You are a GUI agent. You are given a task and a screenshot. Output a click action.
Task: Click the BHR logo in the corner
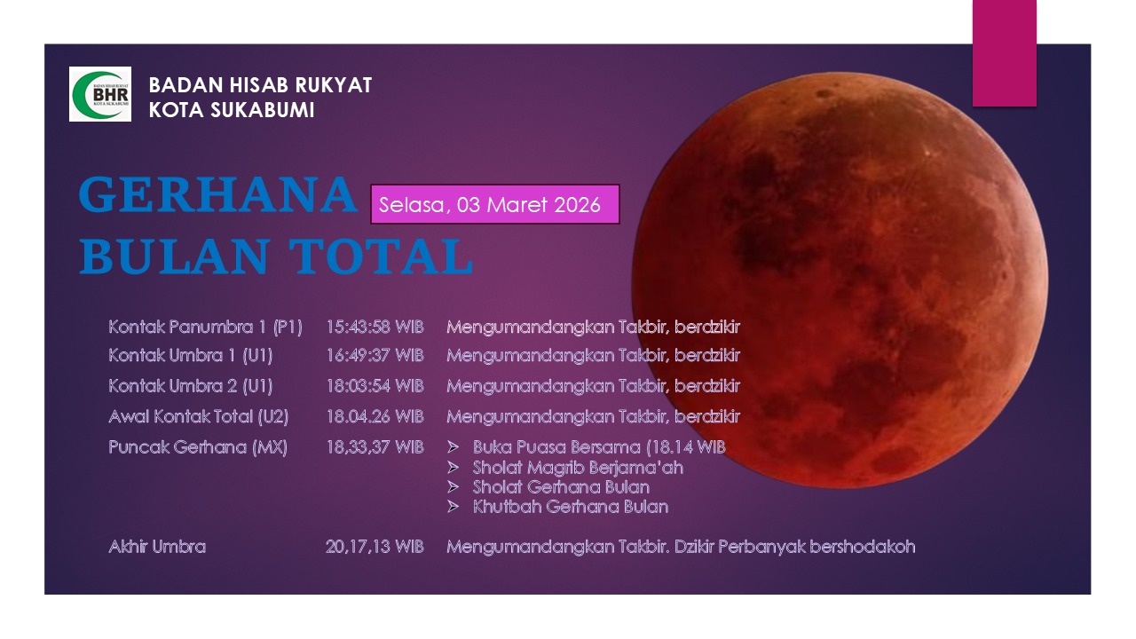[x=100, y=94]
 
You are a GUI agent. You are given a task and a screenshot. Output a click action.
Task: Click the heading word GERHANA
[x=217, y=195]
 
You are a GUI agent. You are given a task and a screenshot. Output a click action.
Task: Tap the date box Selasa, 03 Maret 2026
[x=494, y=204]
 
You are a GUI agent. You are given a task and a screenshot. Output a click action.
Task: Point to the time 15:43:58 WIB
[x=375, y=327]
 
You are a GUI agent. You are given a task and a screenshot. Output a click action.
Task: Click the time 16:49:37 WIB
[x=375, y=356]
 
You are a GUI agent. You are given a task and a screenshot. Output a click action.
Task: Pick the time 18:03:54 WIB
[x=375, y=386]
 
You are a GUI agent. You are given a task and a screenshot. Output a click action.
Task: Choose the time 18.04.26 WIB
[x=375, y=416]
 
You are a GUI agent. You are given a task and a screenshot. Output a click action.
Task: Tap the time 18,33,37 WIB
[x=375, y=447]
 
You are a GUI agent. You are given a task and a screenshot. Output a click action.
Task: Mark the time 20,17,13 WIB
[x=375, y=547]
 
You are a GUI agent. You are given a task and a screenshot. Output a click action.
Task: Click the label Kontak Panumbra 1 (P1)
[x=205, y=327]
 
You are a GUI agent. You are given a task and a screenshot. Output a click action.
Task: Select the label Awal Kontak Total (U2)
[x=198, y=416]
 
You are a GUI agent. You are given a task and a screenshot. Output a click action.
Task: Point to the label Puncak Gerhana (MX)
[x=198, y=447]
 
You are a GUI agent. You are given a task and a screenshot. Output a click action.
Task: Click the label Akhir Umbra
[x=157, y=547]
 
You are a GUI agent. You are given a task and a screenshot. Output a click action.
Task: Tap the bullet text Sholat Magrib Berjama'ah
[x=578, y=467]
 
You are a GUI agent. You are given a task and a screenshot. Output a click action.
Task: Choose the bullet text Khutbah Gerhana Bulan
[x=571, y=507]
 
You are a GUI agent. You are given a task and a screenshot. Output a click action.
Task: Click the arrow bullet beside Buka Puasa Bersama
[x=454, y=447]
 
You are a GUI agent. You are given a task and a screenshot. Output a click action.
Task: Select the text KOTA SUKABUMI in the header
[x=232, y=110]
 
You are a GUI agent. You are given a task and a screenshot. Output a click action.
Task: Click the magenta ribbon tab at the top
[x=1004, y=52]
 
